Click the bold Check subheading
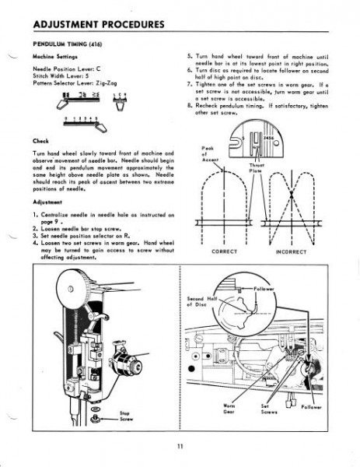(x=40, y=141)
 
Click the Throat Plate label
(x=257, y=169)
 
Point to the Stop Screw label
(x=125, y=416)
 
